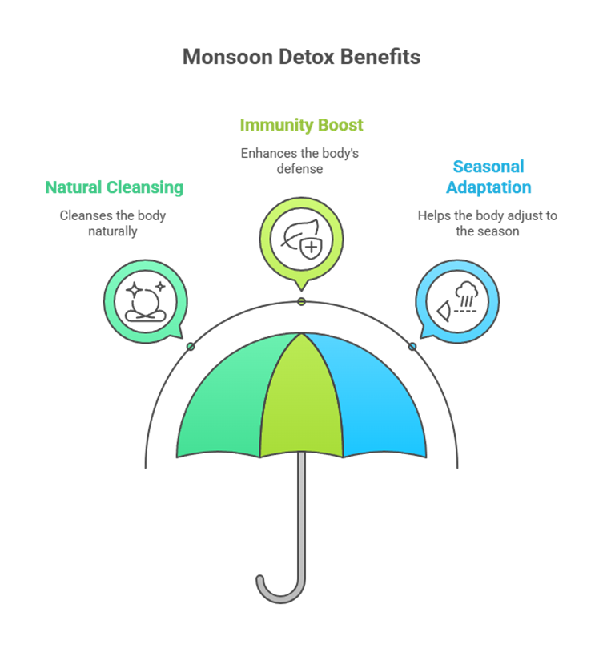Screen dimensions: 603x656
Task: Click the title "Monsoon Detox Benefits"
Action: [301, 57]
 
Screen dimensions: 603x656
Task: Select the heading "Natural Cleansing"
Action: [115, 188]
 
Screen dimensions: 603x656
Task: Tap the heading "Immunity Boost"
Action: [301, 125]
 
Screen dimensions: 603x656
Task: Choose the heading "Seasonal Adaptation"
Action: [488, 177]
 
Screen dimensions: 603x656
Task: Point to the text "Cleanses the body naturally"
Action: [112, 223]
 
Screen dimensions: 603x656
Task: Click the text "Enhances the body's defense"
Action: [299, 161]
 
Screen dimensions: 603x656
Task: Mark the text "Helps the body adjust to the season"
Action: [488, 223]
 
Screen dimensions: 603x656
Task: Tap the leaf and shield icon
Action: [301, 239]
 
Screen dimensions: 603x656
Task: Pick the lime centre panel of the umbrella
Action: [301, 396]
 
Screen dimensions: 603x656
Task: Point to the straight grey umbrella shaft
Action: [301, 514]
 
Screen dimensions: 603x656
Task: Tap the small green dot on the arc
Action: [191, 347]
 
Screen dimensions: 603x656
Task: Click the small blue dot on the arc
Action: [412, 347]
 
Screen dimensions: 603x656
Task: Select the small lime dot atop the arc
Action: [301, 302]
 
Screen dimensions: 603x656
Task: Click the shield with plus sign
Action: [312, 248]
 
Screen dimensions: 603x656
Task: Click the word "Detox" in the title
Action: [307, 57]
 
